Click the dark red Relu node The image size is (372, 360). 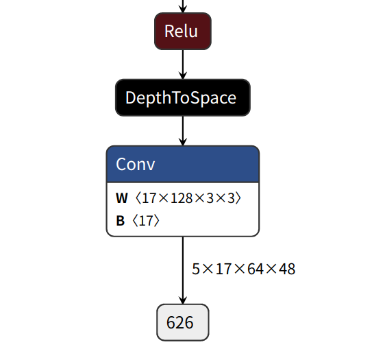click(182, 31)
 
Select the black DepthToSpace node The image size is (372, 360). click(182, 97)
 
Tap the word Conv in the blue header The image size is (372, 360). click(136, 165)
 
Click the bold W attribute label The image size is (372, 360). click(122, 198)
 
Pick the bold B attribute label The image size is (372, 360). click(121, 221)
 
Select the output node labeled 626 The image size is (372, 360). click(182, 322)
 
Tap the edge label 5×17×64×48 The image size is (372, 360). click(243, 269)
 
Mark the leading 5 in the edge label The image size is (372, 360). click(196, 269)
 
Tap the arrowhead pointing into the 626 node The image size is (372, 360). click(183, 299)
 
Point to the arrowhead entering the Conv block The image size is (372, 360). click(183, 141)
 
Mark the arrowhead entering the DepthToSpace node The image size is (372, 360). click(183, 75)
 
